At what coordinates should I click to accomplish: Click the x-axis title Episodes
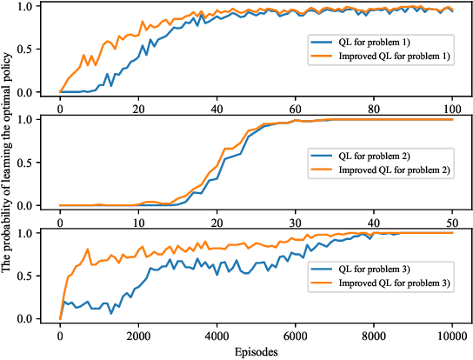pos(256,352)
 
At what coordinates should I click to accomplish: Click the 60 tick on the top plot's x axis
pos(296,110)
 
